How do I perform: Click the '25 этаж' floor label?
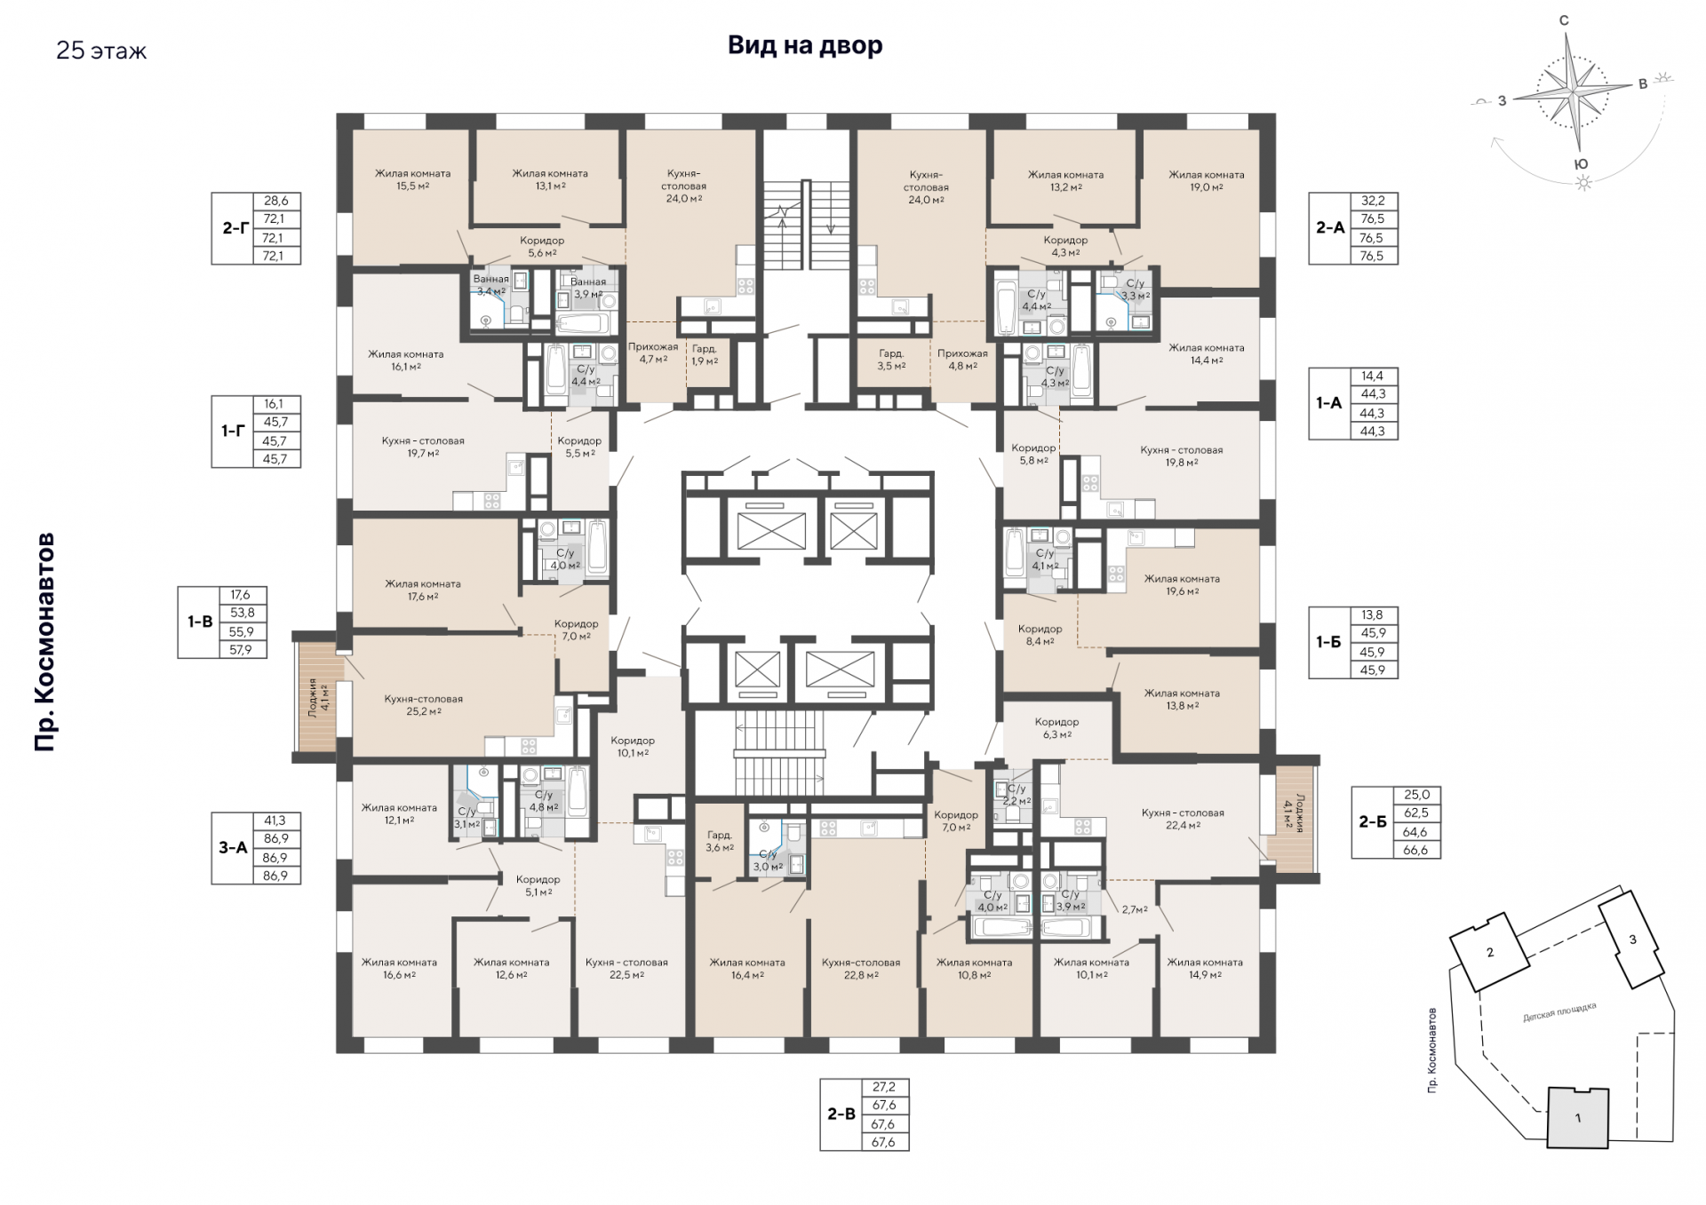pos(101,51)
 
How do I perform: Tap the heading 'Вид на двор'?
pos(805,45)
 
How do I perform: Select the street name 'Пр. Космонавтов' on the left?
pos(44,642)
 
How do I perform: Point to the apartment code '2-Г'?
pos(235,228)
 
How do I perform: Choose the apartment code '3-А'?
pos(233,848)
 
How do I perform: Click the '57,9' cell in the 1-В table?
pos(241,649)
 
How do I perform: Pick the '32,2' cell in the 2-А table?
pos(1373,201)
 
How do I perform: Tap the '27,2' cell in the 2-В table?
pos(884,1087)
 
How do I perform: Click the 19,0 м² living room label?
pos(1206,181)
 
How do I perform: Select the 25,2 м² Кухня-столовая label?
pos(424,705)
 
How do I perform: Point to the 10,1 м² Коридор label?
pos(633,746)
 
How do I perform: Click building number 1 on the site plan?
pos(1578,1118)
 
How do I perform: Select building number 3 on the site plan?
pos(1631,939)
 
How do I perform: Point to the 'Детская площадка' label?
pos(1559,1012)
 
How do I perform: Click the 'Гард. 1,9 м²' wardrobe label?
pos(705,355)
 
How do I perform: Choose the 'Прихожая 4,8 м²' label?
pos(962,359)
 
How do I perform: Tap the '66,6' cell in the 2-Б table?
pos(1416,850)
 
